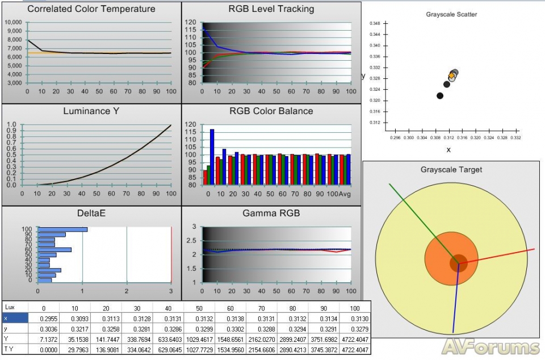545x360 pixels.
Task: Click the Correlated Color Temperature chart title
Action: (x=91, y=9)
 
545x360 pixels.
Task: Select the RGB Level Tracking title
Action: (x=271, y=9)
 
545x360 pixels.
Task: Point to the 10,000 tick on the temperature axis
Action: (x=13, y=23)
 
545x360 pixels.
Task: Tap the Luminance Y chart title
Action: (x=91, y=111)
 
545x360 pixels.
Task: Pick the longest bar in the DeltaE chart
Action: (x=62, y=229)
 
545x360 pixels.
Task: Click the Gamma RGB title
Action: (x=271, y=214)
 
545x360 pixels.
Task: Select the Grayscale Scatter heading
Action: (x=451, y=14)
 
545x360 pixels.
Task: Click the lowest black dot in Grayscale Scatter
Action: (x=440, y=95)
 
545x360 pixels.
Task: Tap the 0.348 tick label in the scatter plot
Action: (x=375, y=24)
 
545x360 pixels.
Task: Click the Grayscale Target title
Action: (x=451, y=169)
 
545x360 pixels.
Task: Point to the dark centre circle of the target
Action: (x=458, y=262)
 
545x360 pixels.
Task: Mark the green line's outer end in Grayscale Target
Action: (x=389, y=184)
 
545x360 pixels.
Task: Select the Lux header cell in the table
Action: (x=10, y=307)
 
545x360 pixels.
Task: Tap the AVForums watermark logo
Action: (x=490, y=346)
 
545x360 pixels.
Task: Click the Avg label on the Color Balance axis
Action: (x=345, y=194)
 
